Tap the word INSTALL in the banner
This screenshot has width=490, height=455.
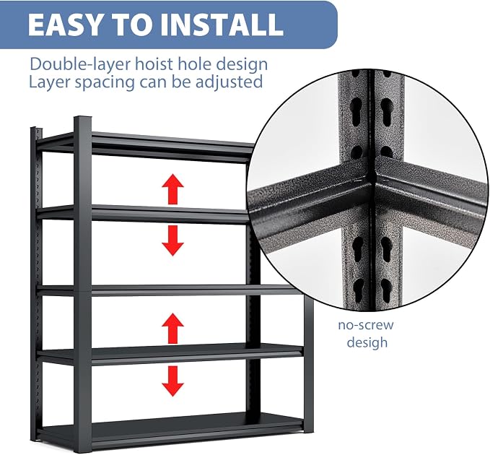[x=222, y=25]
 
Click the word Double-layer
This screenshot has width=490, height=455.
[x=79, y=64]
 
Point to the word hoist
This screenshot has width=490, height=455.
[x=154, y=64]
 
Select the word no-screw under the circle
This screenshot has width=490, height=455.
[x=366, y=325]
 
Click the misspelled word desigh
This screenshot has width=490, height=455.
[x=367, y=342]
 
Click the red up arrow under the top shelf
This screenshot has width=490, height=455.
[x=172, y=189]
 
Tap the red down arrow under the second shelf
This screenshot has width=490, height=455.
[x=172, y=240]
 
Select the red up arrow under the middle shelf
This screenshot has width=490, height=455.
[x=172, y=329]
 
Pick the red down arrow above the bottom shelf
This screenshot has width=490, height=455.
[x=172, y=381]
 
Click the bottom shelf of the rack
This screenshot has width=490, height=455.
[x=175, y=427]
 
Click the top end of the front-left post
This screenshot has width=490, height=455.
[x=83, y=118]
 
